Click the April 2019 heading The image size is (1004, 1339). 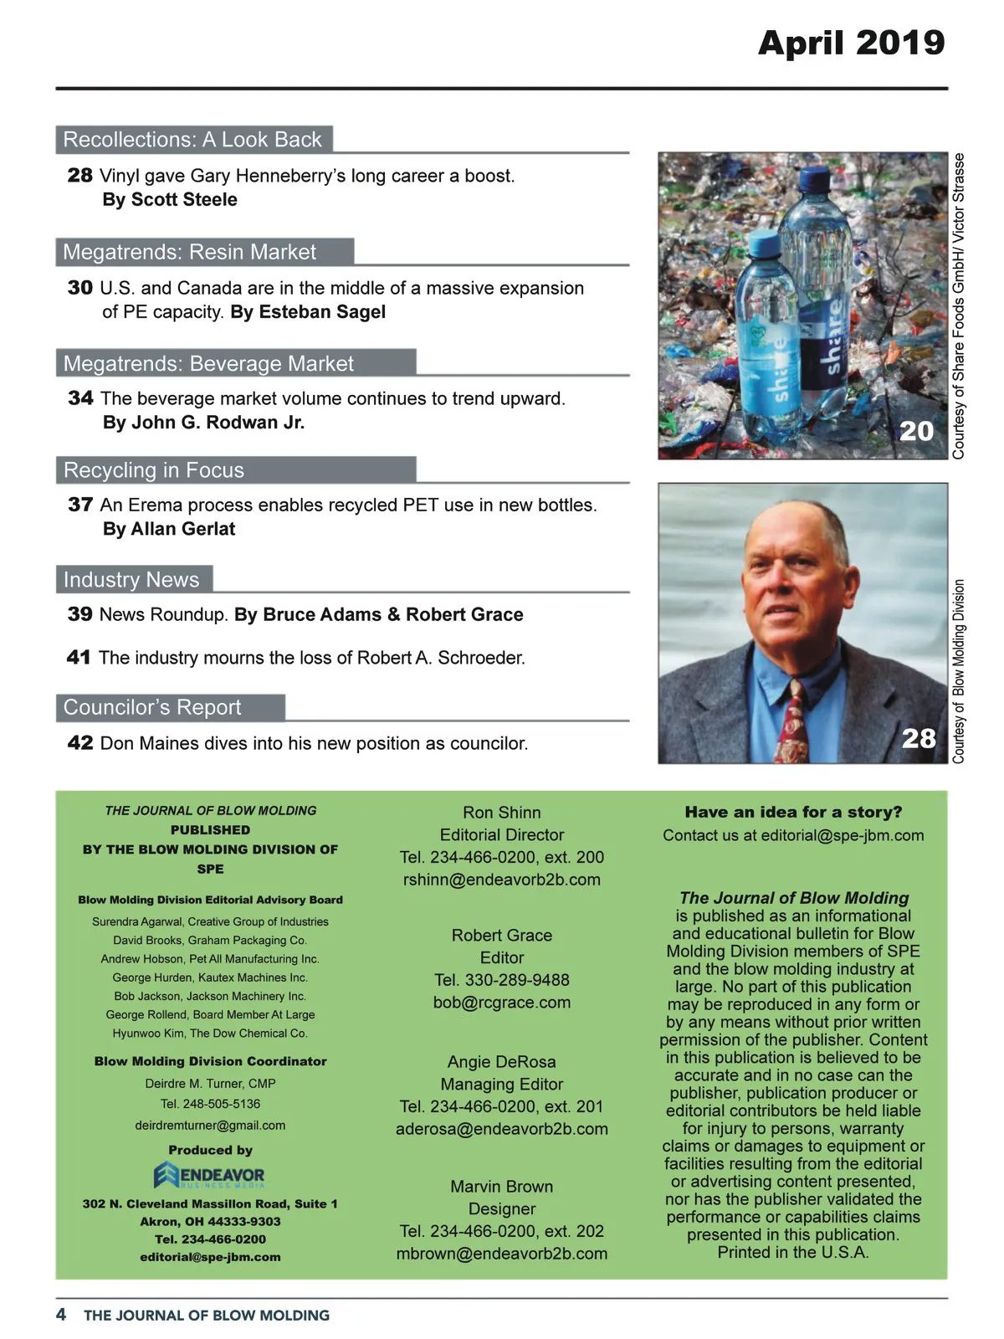click(x=851, y=43)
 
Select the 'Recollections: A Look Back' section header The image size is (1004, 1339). click(x=192, y=140)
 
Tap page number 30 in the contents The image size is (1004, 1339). click(x=80, y=288)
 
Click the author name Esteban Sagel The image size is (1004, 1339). click(x=322, y=312)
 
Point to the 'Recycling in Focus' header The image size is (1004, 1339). click(x=154, y=470)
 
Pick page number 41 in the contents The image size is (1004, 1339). click(x=79, y=658)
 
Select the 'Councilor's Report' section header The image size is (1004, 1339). click(x=152, y=708)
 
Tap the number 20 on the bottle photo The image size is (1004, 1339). click(x=916, y=431)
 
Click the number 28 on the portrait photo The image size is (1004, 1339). click(x=919, y=738)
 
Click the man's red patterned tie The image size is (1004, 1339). click(x=791, y=720)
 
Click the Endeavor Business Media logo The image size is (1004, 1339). click(x=209, y=1176)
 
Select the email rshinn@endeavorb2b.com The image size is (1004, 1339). click(x=502, y=880)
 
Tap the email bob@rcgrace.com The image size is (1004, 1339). click(x=502, y=1003)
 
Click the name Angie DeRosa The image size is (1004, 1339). click(x=502, y=1062)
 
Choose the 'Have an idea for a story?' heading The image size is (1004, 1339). click(x=793, y=812)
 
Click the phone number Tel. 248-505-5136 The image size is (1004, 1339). click(x=210, y=1104)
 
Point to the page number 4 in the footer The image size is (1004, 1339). click(x=61, y=1315)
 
